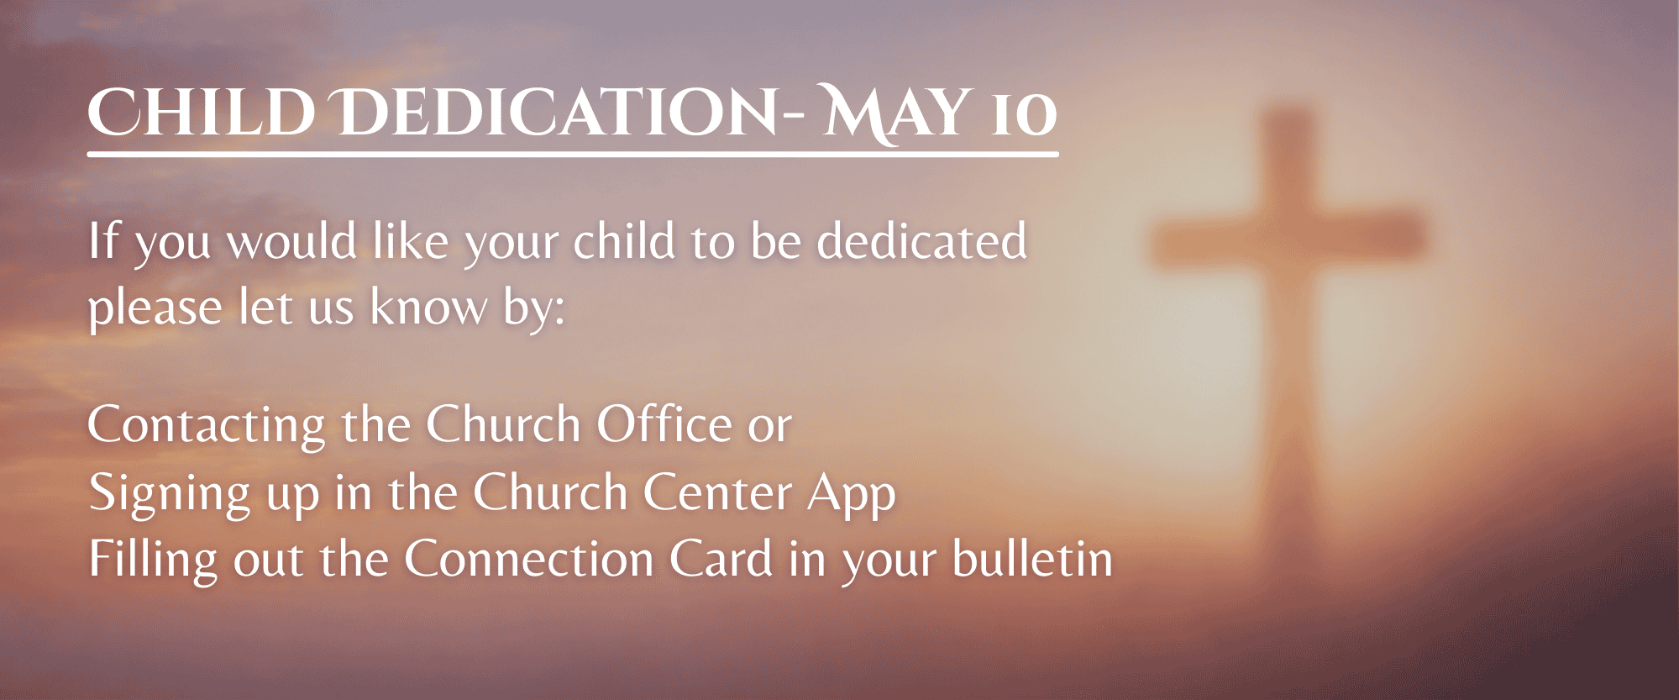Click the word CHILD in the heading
coord(202,112)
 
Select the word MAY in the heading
coord(893,113)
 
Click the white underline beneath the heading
coord(573,155)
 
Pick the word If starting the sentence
coord(104,240)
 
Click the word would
coord(292,241)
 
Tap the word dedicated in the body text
coord(922,241)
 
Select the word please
coord(155,308)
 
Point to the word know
coord(428,308)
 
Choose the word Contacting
coord(207,425)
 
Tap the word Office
coord(664,424)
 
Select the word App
coord(852,493)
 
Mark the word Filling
coord(153,561)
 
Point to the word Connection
coord(529,560)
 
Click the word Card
coord(721,560)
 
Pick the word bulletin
coord(1033,560)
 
